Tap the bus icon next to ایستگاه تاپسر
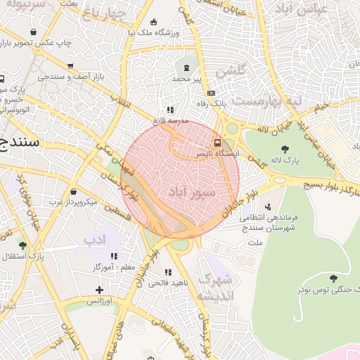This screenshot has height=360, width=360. pyautogui.click(x=216, y=142)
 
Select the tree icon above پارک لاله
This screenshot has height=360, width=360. pyautogui.click(x=285, y=148)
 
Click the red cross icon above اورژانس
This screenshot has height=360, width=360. pyautogui.click(x=99, y=290)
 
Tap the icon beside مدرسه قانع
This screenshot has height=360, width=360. pyautogui.click(x=169, y=110)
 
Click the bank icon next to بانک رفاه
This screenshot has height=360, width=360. pyautogui.click(x=210, y=92)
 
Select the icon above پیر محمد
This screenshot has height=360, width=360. pyautogui.click(x=186, y=68)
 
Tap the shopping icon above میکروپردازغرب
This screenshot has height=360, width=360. pyautogui.click(x=74, y=191)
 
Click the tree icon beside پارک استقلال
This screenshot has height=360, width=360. pyautogui.click(x=23, y=245)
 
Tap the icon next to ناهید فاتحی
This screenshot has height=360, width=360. pyautogui.click(x=167, y=272)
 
